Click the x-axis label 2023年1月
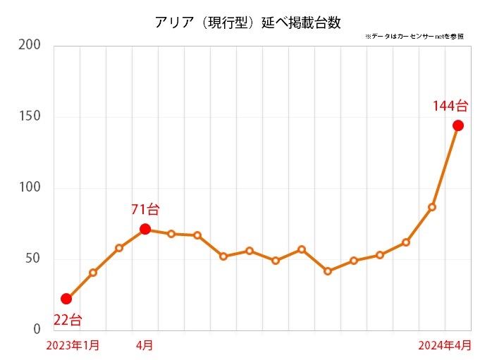pos(73,345)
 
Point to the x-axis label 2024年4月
pos(445,345)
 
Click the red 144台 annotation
pos(450,106)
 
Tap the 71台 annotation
pos(145,209)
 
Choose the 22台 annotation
pos(68,320)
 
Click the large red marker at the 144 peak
pos(457,125)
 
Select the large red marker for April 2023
pos(145,229)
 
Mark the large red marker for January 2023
pos(66,299)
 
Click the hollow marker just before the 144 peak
pos(431,207)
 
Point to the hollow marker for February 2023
pos(93,273)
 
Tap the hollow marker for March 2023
pos(119,248)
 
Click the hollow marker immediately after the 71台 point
pos(171,233)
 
